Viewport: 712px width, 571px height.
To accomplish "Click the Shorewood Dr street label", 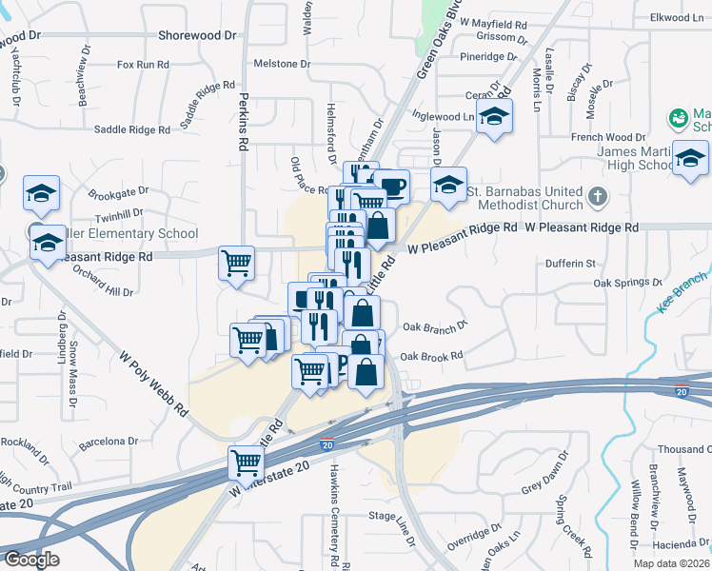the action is click(197, 35).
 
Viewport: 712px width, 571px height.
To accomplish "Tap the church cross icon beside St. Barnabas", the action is click(597, 198).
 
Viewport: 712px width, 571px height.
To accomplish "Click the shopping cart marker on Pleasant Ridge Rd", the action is click(236, 262).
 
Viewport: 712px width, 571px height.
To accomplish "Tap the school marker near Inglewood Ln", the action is click(494, 117).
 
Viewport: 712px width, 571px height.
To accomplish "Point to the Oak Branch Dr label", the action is click(435, 325).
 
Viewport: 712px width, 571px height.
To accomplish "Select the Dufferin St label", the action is click(570, 264).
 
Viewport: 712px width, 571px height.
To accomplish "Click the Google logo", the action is click(30, 560).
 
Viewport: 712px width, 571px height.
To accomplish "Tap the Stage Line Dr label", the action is click(393, 516).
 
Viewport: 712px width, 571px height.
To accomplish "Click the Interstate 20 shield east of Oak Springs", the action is click(682, 391).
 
